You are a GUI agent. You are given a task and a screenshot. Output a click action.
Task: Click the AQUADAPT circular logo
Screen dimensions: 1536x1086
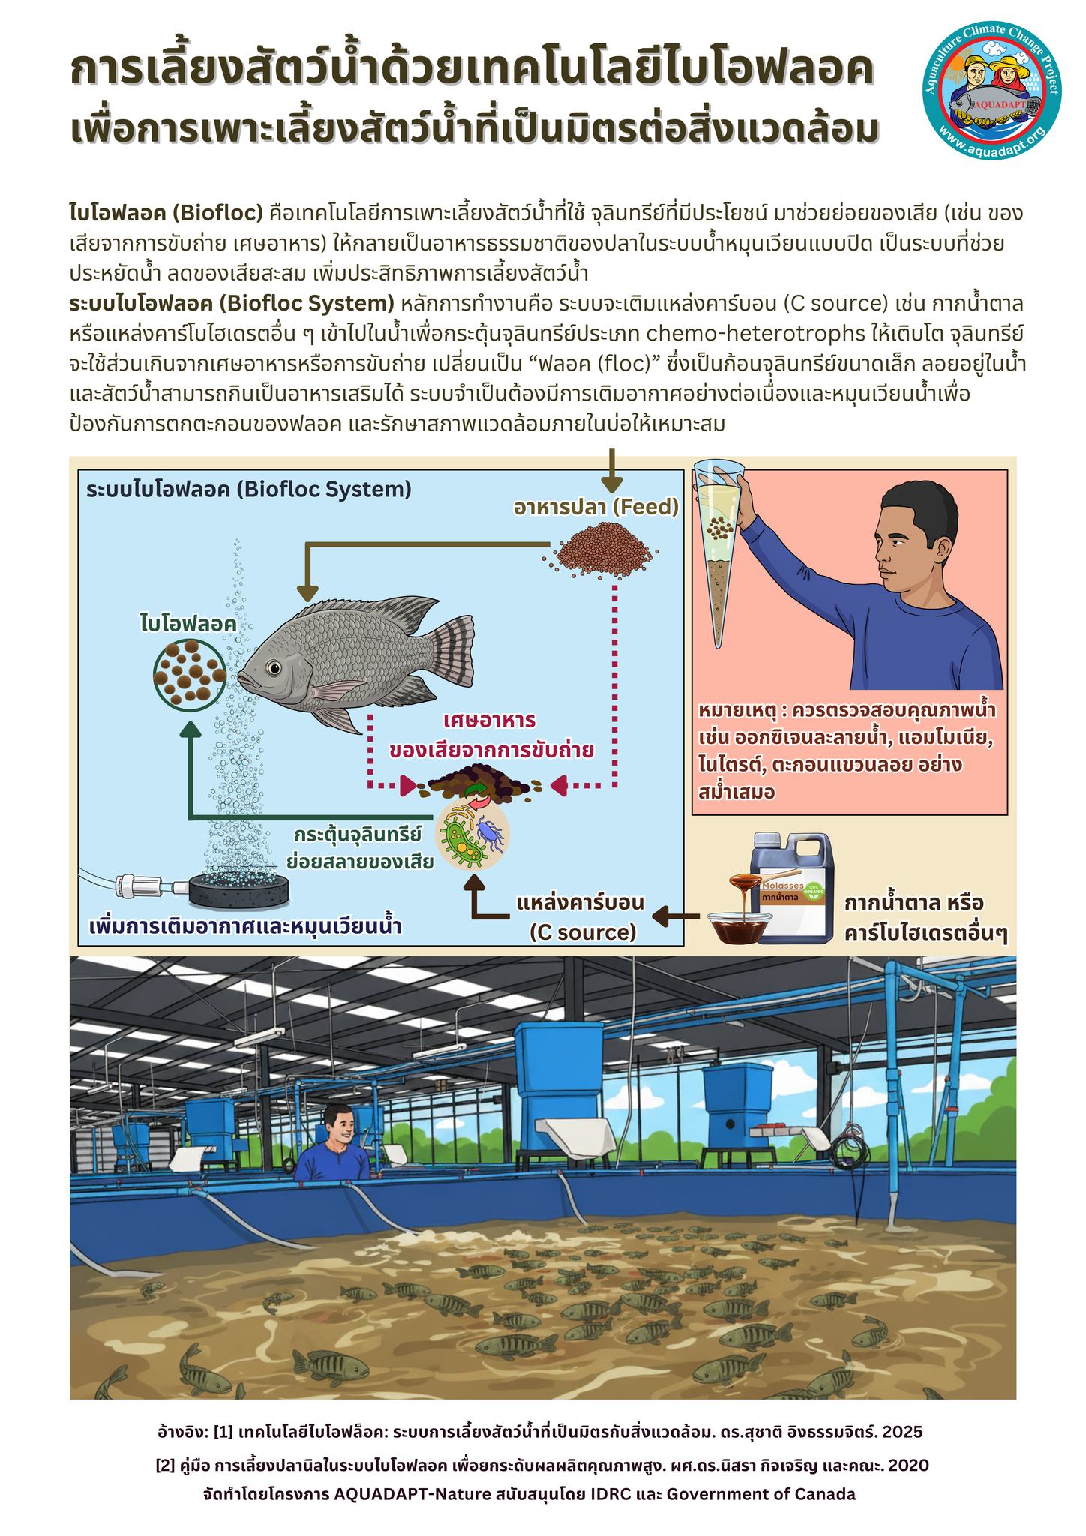[995, 99]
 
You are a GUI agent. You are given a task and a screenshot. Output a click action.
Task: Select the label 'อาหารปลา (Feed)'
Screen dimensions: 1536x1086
[596, 508]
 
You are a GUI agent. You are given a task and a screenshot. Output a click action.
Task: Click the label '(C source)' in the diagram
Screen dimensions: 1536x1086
[582, 931]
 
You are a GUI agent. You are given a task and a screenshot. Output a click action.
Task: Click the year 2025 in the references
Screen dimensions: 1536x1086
[902, 1430]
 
